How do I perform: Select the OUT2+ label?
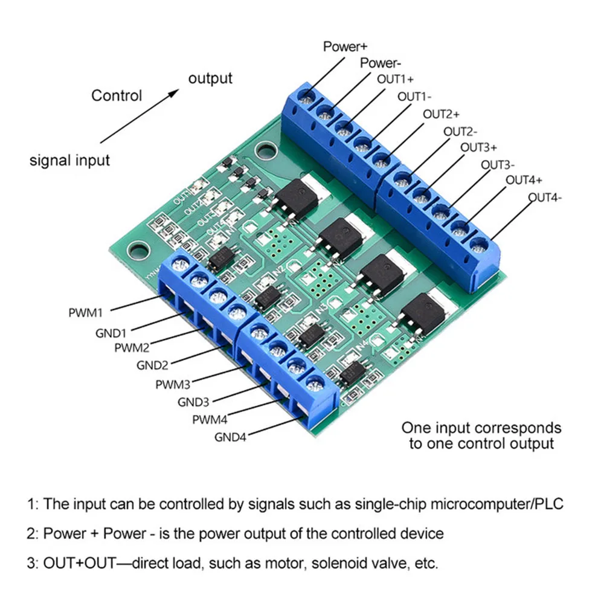tap(441, 114)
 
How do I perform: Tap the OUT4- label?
tap(545, 198)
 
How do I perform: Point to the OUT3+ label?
tap(479, 147)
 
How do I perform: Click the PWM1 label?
tap(86, 313)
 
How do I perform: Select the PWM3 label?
tap(173, 384)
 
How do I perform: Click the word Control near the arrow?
tap(117, 95)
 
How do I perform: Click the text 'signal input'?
tap(70, 161)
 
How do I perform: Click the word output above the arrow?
tap(210, 79)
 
